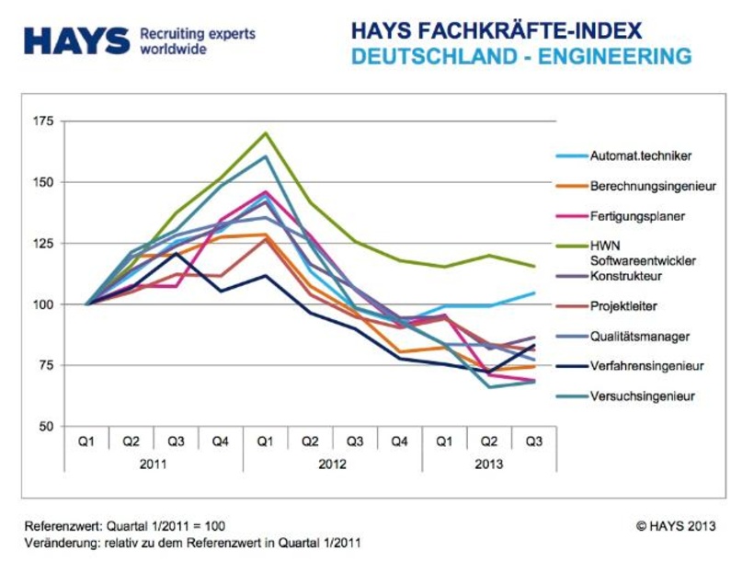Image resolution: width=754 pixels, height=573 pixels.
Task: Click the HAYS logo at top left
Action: (x=77, y=40)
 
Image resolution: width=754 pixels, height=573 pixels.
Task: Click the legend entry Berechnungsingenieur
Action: (x=652, y=186)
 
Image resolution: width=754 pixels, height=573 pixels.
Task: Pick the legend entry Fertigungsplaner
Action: (x=637, y=216)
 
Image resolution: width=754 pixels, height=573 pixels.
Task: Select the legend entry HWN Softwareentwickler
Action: (x=642, y=253)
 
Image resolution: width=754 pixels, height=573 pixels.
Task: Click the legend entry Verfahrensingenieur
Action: (x=646, y=366)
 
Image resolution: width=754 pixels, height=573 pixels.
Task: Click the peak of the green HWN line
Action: (x=266, y=133)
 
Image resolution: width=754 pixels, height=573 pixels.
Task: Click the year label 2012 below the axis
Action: (x=333, y=464)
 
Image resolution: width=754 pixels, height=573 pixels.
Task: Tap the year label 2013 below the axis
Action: (x=489, y=464)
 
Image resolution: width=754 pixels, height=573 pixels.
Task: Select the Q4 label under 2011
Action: (x=221, y=441)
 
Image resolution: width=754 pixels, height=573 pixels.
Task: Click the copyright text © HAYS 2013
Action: (x=675, y=527)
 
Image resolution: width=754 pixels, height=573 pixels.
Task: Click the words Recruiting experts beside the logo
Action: (x=197, y=34)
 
